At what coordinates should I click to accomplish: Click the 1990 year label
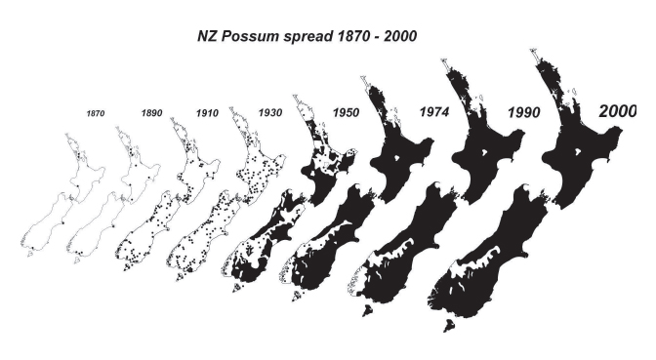[x=525, y=113]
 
